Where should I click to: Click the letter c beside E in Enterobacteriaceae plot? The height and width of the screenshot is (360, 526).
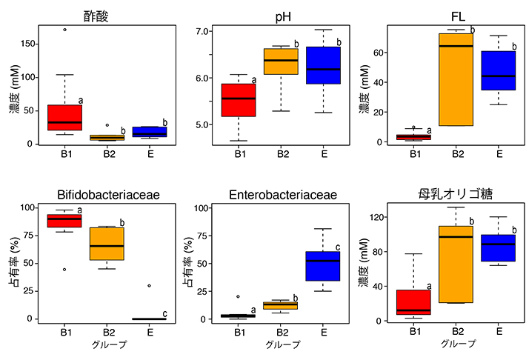[x=339, y=247]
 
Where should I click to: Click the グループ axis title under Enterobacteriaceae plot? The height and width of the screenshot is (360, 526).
[x=281, y=344]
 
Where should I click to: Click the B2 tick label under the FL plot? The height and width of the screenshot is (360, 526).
[x=456, y=154]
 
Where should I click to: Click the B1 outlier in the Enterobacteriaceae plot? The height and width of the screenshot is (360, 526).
[x=238, y=296]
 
